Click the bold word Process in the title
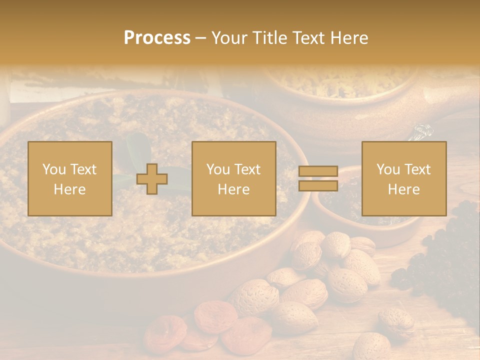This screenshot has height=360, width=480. [x=157, y=38]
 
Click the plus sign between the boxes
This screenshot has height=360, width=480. [x=152, y=179]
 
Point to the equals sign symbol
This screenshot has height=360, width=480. [x=318, y=178]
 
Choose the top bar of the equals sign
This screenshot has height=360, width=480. [x=318, y=171]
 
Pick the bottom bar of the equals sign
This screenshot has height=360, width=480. [x=318, y=185]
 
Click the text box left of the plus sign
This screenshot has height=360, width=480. [x=69, y=178]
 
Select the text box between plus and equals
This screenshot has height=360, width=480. [x=233, y=178]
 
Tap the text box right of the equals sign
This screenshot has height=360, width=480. [x=403, y=178]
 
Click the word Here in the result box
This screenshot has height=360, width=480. [x=403, y=189]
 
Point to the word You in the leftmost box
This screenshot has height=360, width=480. [x=54, y=169]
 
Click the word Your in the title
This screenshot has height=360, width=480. [x=228, y=38]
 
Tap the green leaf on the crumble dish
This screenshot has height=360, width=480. [x=137, y=147]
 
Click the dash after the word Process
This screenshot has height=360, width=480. [x=200, y=38]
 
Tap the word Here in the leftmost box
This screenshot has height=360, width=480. [x=69, y=189]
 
